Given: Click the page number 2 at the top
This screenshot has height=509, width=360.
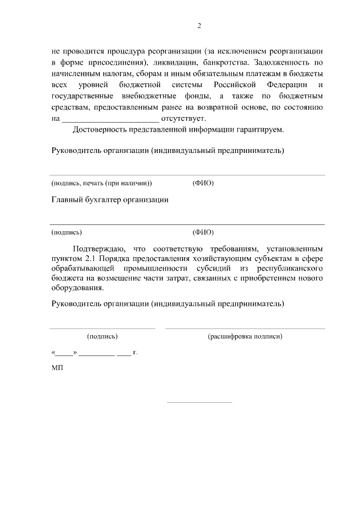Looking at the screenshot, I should point(199,25).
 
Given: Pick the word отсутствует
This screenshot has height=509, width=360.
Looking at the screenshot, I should point(184,119).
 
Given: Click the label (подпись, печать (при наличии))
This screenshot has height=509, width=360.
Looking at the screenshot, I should point(101,183).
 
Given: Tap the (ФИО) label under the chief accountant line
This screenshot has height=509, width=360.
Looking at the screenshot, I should point(203,232).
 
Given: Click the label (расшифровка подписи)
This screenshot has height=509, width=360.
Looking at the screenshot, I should point(245,336).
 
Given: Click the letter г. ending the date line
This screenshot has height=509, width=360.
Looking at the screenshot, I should point(135,353).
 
